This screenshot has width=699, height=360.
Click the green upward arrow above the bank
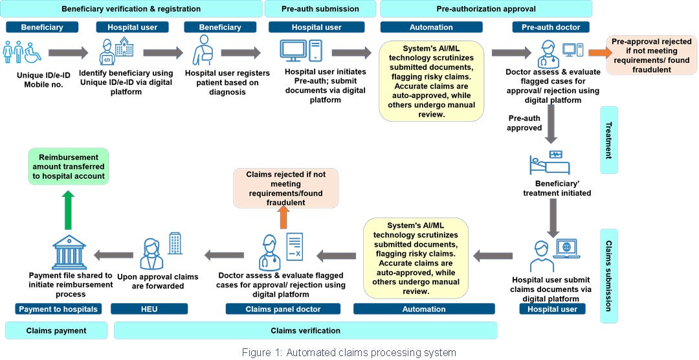point(67,210)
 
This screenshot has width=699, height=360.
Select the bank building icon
point(68,251)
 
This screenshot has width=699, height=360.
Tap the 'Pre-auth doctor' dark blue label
point(550,27)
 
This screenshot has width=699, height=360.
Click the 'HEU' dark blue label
point(149,309)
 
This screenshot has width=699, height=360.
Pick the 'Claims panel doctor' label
point(282,309)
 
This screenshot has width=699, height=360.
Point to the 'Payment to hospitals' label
point(58,309)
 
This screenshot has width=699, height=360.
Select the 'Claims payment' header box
point(56,331)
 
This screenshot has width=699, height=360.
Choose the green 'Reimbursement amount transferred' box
point(68,167)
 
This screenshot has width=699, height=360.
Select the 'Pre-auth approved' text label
point(525,123)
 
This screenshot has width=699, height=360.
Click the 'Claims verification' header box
point(305,331)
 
